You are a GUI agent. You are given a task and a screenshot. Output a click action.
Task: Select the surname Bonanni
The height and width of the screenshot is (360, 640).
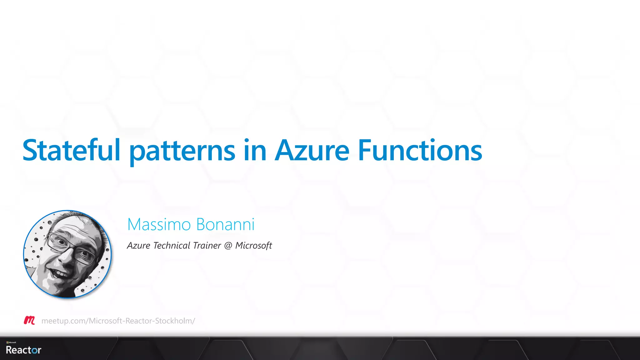click(225, 224)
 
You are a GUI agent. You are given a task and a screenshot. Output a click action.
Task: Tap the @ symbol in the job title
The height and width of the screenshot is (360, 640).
click(228, 246)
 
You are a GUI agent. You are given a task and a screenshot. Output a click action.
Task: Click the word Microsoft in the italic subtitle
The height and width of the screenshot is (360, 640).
click(253, 246)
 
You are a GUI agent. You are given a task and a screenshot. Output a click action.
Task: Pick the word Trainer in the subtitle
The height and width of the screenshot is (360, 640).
click(207, 246)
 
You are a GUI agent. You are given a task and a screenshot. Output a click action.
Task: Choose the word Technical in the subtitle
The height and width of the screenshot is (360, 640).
click(172, 246)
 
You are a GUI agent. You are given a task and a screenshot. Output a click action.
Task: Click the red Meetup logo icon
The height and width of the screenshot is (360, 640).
click(29, 320)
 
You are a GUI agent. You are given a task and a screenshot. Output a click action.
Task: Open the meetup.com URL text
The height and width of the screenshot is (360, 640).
click(118, 321)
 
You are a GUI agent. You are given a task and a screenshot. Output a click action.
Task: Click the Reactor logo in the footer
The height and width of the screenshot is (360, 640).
click(23, 350)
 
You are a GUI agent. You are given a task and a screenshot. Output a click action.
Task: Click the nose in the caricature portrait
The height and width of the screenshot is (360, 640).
click(66, 256)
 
